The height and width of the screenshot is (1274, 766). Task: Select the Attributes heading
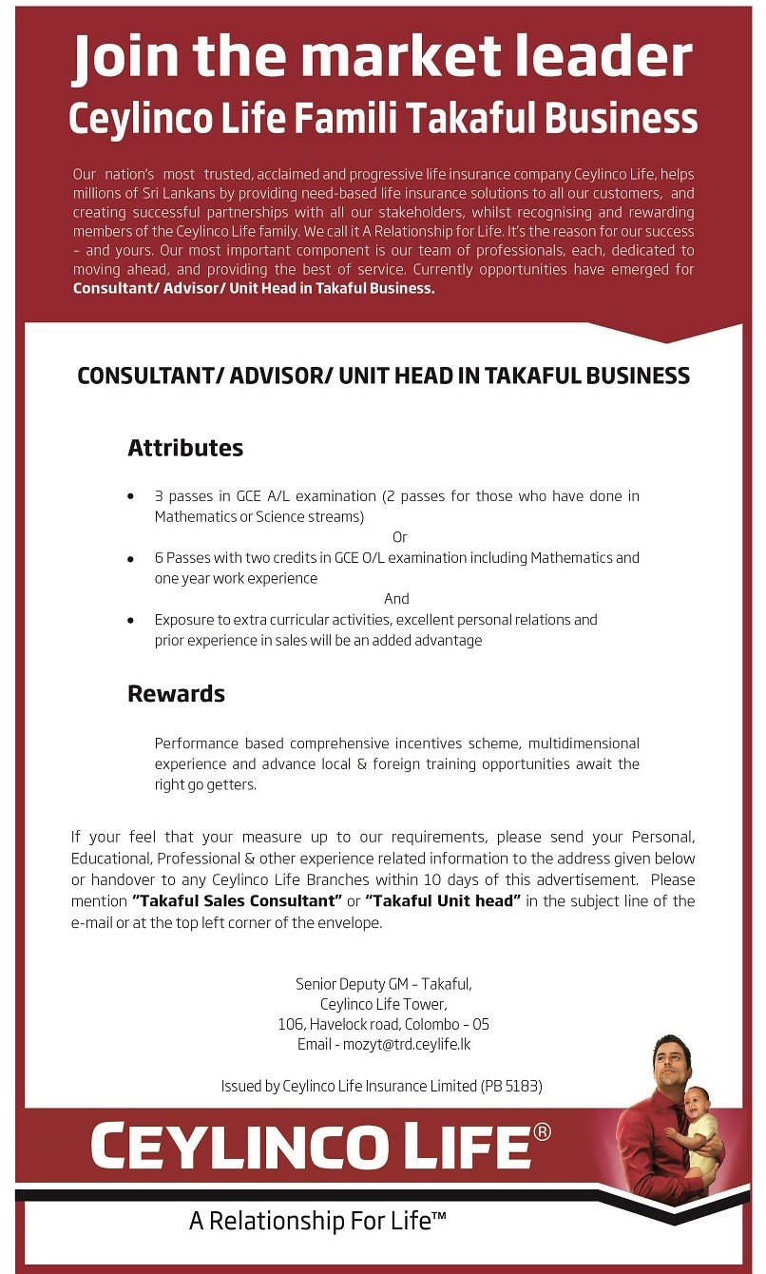185,448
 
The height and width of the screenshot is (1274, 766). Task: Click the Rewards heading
176,694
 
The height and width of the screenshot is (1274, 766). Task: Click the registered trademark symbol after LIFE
542,1131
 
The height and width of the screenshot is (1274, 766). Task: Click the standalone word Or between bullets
399,537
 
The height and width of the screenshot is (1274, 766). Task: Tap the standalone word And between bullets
396,599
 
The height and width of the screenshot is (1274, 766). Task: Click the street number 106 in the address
289,1025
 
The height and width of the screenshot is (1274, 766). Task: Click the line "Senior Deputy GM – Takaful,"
383,984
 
